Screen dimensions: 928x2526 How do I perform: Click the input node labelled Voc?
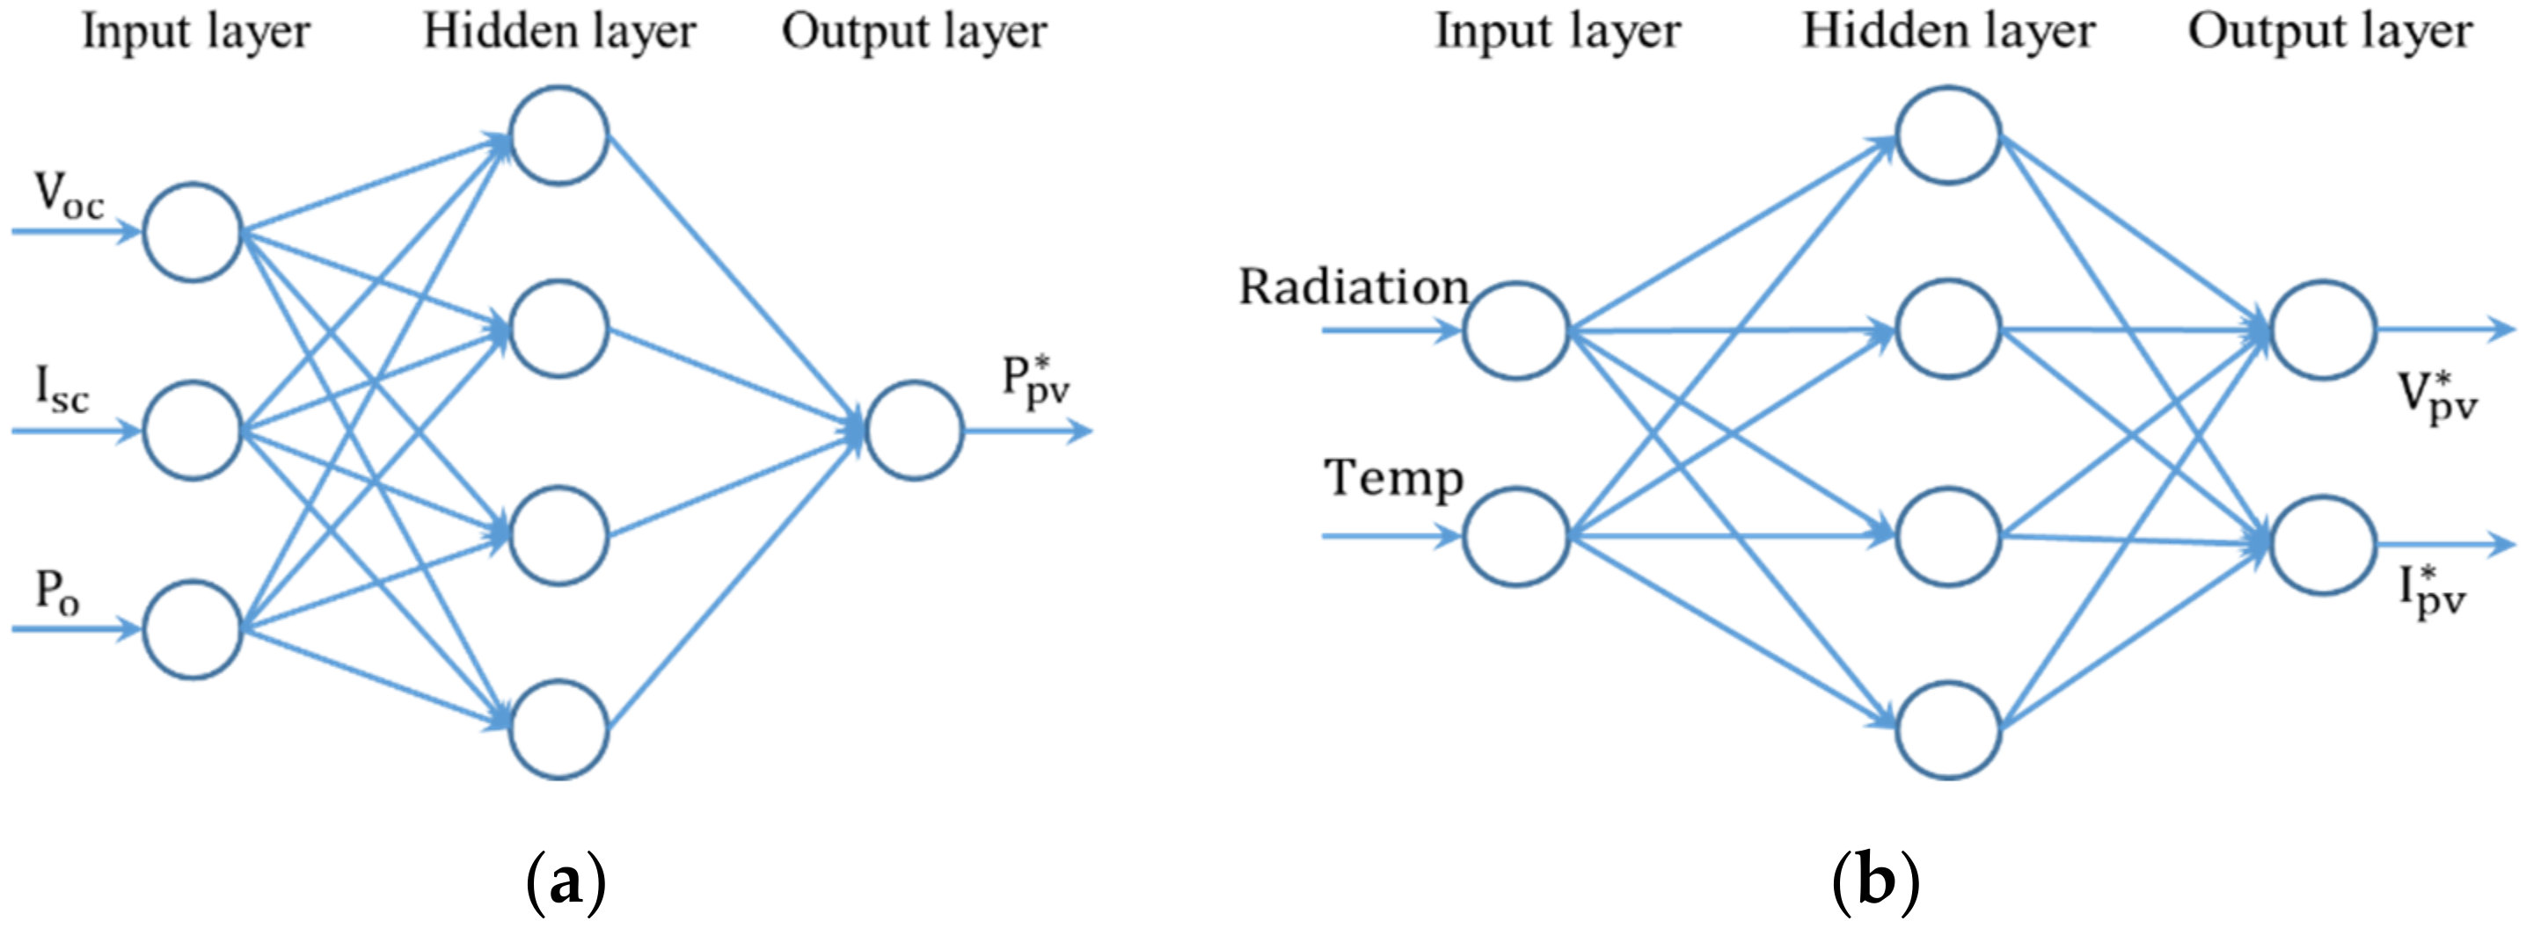click(x=193, y=232)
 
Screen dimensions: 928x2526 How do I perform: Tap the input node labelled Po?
click(x=193, y=628)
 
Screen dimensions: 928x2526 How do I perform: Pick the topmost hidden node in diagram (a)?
click(x=558, y=135)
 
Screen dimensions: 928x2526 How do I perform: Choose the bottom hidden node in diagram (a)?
click(x=558, y=730)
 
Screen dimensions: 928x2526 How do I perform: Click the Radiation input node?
click(x=1516, y=330)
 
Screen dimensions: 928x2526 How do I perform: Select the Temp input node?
click(x=1516, y=537)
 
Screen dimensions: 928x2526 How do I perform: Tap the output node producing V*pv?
click(x=2322, y=330)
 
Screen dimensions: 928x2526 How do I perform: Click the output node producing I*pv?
click(x=2322, y=544)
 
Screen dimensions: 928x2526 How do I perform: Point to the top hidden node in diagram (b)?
click(x=1948, y=135)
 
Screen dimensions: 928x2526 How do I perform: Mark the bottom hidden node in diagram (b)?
click(x=1948, y=730)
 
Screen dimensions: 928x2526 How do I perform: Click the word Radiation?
click(x=1354, y=287)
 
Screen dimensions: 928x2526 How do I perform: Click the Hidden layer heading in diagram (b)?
click(x=1948, y=32)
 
